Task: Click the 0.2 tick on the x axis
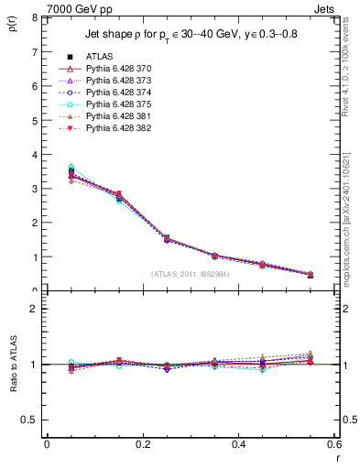(x=142, y=444)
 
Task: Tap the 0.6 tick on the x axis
(x=334, y=444)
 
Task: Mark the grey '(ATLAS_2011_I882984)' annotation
(x=191, y=273)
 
